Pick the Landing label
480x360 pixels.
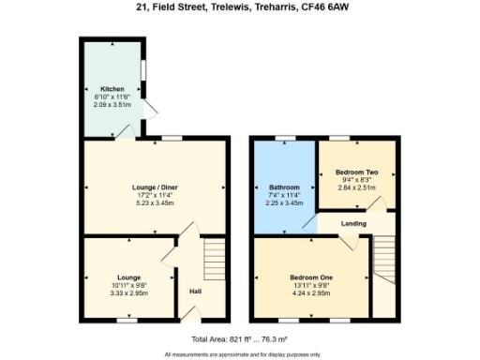point(353,223)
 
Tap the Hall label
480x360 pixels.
point(195,292)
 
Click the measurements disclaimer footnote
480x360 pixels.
point(240,354)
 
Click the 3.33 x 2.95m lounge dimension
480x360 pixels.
point(128,292)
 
